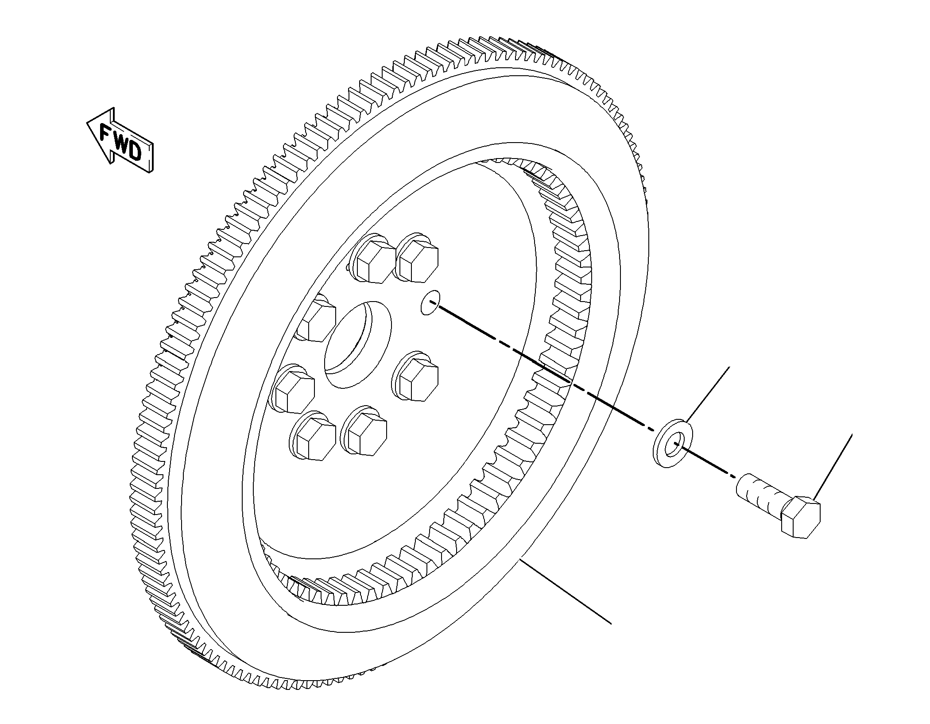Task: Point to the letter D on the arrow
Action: pos(135,152)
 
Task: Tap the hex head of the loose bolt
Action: pos(800,517)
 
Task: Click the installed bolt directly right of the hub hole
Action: pos(415,376)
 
